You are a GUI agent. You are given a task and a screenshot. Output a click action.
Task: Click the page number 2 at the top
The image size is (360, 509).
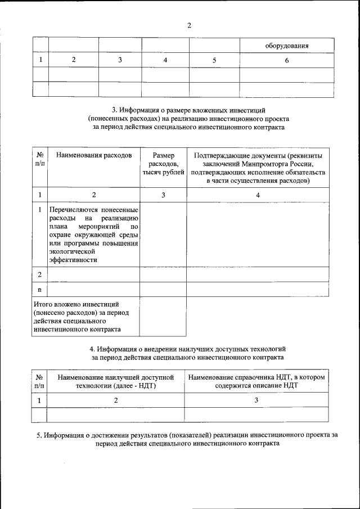click(x=189, y=25)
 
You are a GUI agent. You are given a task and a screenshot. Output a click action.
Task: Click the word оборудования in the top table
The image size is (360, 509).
click(x=287, y=45)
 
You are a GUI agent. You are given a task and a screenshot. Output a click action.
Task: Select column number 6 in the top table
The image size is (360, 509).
click(x=287, y=60)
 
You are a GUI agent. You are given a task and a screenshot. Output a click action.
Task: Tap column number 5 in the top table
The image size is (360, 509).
click(x=214, y=60)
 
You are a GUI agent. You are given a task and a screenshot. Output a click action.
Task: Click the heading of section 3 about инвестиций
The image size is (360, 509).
click(x=188, y=119)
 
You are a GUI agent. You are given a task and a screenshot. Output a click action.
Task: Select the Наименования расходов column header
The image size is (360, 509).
click(x=94, y=155)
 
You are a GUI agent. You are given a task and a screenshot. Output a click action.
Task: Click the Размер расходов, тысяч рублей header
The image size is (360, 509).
click(x=163, y=163)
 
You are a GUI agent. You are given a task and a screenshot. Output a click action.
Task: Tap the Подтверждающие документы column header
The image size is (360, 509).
click(x=258, y=168)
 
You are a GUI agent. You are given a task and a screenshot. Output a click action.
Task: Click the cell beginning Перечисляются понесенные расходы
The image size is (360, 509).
click(x=93, y=235)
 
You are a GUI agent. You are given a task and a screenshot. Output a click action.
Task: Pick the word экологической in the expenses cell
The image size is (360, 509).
click(x=73, y=252)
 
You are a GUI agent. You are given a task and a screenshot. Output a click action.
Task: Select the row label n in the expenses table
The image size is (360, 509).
click(x=39, y=289)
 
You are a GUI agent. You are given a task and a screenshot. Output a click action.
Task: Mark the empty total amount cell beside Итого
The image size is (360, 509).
click(x=163, y=317)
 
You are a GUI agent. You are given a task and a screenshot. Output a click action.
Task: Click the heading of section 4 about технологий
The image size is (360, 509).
click(x=188, y=353)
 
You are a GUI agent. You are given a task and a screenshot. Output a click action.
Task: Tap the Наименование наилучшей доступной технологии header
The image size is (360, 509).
click(x=115, y=382)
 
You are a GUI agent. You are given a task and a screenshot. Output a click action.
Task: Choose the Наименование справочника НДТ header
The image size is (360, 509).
click(x=256, y=382)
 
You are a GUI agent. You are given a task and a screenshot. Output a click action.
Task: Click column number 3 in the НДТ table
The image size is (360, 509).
click(x=256, y=400)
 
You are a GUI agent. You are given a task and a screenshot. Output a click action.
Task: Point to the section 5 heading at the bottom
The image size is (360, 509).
click(x=188, y=439)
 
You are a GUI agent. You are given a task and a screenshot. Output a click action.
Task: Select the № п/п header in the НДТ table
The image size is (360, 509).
click(x=39, y=382)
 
